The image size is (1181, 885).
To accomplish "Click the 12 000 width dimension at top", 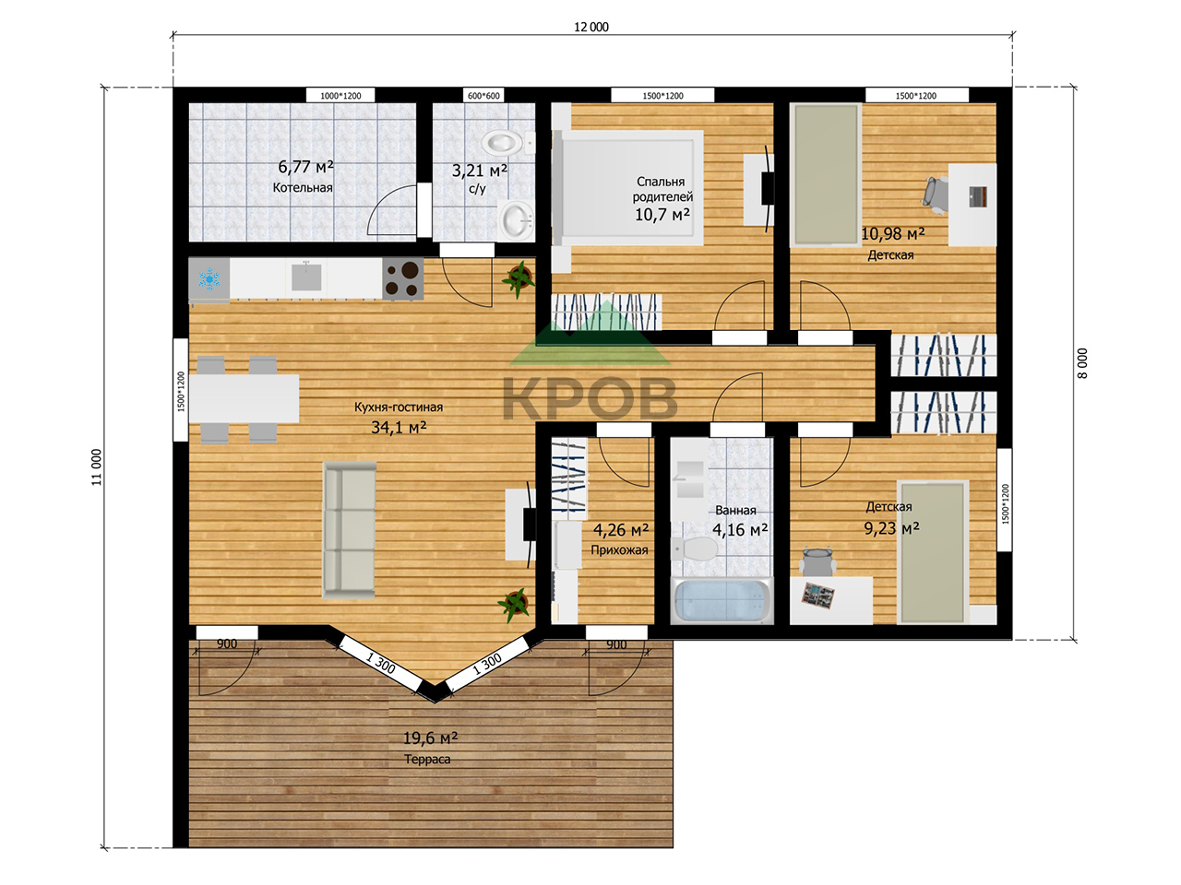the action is coord(591,27).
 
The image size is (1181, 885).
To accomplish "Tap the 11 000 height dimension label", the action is coord(96,467).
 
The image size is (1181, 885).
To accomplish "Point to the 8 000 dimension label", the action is coord(1082,363).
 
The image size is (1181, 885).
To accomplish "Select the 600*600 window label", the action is coord(483,96).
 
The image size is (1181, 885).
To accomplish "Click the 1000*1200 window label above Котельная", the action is coord(340,96).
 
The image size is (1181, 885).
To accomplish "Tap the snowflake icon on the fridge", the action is coord(209,279).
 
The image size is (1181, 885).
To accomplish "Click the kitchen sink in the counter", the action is coord(306,277).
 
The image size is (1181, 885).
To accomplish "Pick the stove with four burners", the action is coord(403,279).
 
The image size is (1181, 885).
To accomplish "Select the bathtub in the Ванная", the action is coord(722,601).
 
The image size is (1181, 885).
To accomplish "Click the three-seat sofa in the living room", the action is coord(349,530).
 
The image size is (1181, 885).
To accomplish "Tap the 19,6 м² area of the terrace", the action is coord(431,737).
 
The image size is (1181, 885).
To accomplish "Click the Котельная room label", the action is coord(303,187).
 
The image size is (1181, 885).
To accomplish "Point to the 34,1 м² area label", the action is coord(399,427).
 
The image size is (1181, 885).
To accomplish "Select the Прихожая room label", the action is coord(619,549).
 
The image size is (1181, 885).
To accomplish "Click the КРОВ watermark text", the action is coord(590,398).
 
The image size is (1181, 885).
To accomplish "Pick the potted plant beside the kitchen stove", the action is coord(519,279).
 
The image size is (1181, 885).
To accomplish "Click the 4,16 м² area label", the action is coord(740,530).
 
